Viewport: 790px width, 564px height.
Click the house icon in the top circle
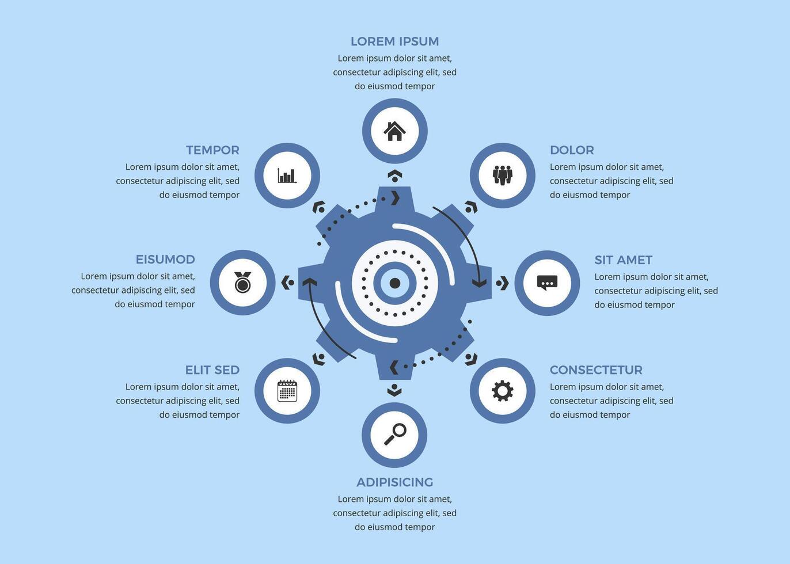[x=394, y=131]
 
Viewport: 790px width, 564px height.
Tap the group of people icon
[x=502, y=175]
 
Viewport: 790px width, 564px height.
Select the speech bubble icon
[x=547, y=283]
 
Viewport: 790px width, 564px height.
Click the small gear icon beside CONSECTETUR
[x=502, y=391]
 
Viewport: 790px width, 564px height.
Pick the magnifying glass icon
[x=395, y=434]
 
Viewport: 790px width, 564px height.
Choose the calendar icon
[x=287, y=391]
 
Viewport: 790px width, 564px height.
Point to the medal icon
[x=242, y=283]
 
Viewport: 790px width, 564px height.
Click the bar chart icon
[x=287, y=175]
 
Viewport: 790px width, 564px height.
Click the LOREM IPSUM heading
[x=394, y=41]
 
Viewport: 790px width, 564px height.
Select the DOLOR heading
[x=571, y=150]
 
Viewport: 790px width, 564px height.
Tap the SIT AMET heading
[x=623, y=260]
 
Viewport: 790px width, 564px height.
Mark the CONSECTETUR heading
[x=595, y=370]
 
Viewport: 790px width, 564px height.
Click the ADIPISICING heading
[x=394, y=482]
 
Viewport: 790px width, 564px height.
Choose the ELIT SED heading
[x=212, y=370]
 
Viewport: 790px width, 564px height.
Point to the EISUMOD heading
[x=165, y=260]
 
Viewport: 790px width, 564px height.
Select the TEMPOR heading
[x=212, y=150]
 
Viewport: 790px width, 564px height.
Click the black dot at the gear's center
[x=395, y=283]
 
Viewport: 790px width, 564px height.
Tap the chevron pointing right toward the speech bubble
[x=504, y=283]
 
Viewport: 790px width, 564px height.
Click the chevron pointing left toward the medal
[x=285, y=283]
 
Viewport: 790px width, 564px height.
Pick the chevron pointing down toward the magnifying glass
[x=394, y=392]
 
